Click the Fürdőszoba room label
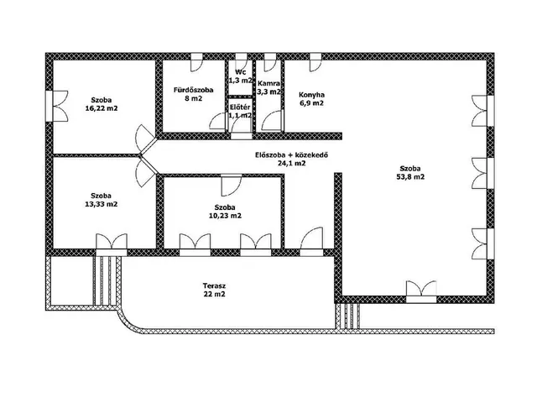(194, 90)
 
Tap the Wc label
(241, 72)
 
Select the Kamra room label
(268, 83)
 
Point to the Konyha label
(311, 95)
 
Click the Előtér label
(240, 107)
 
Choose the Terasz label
(214, 285)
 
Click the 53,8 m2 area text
(410, 177)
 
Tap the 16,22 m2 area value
(101, 108)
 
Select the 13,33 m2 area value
(101, 204)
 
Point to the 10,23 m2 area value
(225, 216)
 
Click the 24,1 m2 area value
(291, 163)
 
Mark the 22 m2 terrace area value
(214, 294)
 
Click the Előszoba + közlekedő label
(291, 154)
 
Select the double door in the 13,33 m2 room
(112, 244)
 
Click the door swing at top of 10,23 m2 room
(232, 186)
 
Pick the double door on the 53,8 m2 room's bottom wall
(421, 291)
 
